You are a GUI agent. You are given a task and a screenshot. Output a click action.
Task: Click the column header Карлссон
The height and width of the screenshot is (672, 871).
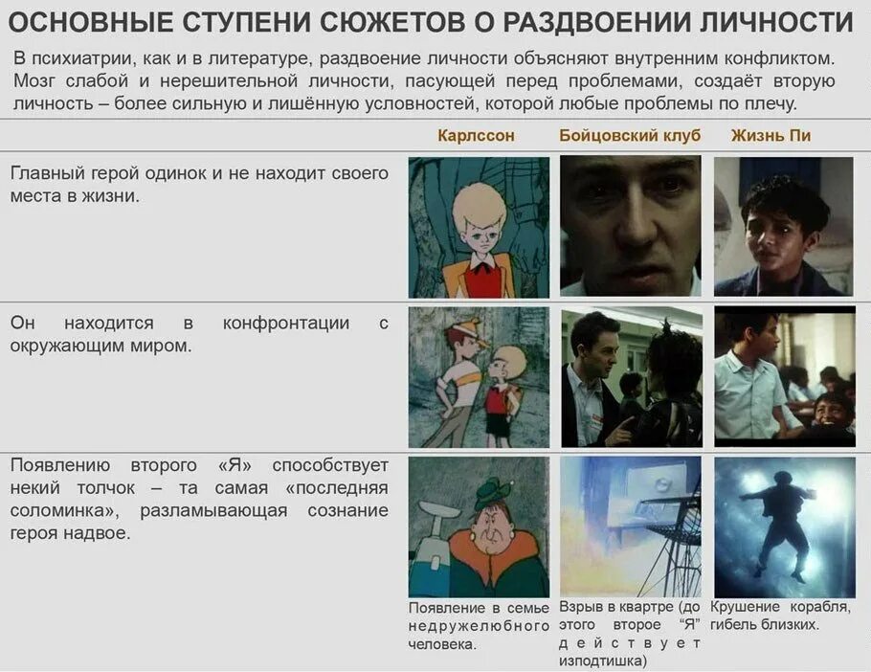coord(476,136)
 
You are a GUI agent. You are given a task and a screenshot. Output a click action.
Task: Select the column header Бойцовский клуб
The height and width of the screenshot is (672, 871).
coord(630,136)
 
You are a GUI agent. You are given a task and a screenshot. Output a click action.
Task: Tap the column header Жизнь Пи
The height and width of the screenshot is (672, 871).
coord(770,136)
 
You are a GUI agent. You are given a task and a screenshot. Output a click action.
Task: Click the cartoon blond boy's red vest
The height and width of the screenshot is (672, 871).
coord(483,279)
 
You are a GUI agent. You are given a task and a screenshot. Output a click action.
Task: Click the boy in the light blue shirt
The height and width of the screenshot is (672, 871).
coord(752,383)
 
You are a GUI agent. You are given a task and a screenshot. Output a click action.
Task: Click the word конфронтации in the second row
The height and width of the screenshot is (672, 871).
coord(285,323)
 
